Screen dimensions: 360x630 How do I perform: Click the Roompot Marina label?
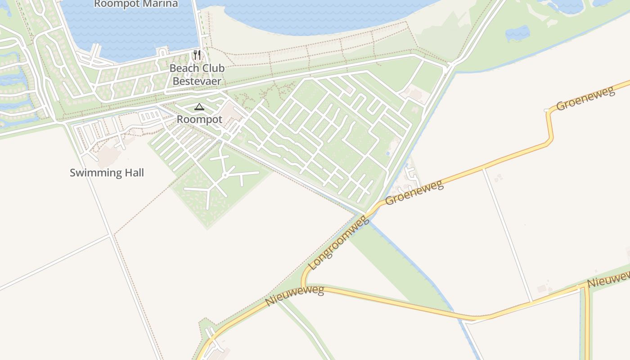point(136,4)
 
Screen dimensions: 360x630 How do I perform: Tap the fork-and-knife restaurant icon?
point(197,55)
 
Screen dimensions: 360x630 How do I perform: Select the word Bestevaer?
point(197,81)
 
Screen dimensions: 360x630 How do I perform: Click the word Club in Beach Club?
point(211,68)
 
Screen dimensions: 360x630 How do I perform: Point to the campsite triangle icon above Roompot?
point(199,107)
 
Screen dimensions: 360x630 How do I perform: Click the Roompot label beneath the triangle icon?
point(199,120)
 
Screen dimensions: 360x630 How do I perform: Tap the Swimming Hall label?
point(107,173)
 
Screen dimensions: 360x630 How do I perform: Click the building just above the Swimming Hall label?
point(108,156)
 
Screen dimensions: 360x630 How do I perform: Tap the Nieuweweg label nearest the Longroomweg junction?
point(295,296)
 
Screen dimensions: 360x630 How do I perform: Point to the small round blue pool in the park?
point(388,154)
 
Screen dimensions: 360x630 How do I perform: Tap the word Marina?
point(161,4)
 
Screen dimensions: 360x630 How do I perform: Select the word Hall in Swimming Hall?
point(134,173)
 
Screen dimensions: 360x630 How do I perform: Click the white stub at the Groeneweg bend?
point(546,110)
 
